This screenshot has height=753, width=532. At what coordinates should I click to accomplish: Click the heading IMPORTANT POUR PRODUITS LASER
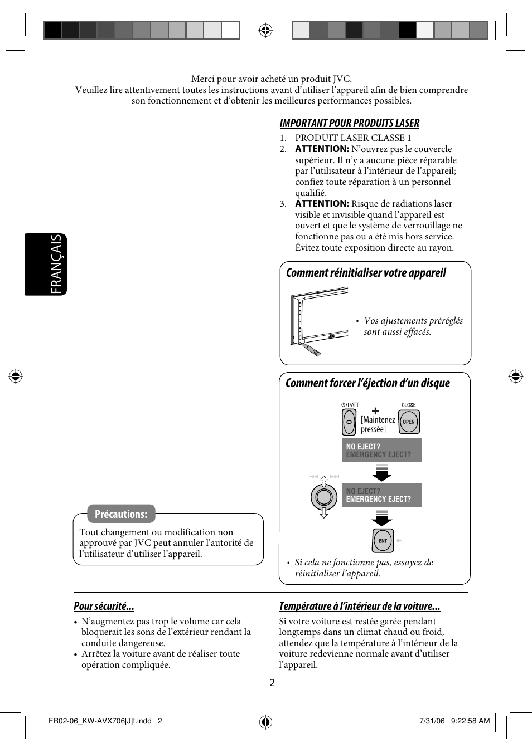click(x=349, y=123)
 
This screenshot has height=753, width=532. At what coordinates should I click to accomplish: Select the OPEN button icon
click(x=409, y=422)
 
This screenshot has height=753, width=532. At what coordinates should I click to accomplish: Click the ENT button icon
click(x=383, y=540)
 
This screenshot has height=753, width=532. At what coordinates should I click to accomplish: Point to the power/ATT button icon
click(x=349, y=422)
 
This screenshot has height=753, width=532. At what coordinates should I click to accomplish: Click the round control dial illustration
click(x=323, y=496)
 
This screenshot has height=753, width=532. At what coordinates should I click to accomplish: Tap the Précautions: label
click(x=121, y=514)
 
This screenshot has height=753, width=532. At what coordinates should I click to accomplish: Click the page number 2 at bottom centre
click(x=272, y=683)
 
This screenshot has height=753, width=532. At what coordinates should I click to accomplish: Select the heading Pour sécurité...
click(x=104, y=606)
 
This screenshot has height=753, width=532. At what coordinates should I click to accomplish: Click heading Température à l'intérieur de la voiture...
click(x=360, y=606)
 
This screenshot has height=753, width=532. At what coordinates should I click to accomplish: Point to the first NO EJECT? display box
click(x=381, y=450)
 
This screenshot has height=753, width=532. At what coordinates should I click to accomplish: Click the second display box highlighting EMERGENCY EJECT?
click(x=381, y=495)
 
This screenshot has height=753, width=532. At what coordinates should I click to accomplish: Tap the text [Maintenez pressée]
click(x=378, y=424)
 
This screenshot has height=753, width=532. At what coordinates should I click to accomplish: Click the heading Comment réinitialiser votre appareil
click(x=366, y=273)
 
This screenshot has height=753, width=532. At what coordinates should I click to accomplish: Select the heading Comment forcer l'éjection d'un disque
click(x=367, y=383)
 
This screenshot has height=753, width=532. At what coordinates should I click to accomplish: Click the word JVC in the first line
click(x=342, y=79)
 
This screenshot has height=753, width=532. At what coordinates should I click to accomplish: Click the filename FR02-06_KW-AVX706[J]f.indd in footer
click(x=100, y=721)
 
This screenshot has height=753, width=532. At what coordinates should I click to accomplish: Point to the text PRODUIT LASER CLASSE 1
click(x=353, y=138)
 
